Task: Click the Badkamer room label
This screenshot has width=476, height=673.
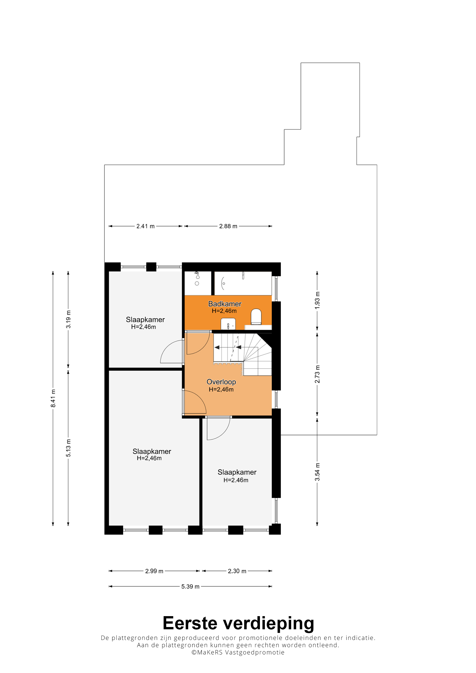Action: pyautogui.click(x=225, y=304)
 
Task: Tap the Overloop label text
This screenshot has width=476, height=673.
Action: pyautogui.click(x=221, y=382)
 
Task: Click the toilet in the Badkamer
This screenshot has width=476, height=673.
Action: pyautogui.click(x=256, y=317)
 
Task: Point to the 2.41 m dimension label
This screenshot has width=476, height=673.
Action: pyautogui.click(x=146, y=226)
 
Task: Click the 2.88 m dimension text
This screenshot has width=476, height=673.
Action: pyautogui.click(x=228, y=226)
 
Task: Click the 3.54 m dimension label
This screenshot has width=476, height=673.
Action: pyautogui.click(x=317, y=472)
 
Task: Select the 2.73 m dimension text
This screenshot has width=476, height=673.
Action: pyautogui.click(x=317, y=374)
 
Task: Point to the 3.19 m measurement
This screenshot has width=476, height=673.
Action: pyautogui.click(x=68, y=319)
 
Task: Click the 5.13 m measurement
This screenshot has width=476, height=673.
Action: pyautogui.click(x=68, y=448)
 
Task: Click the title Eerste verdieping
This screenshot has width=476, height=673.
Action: pyautogui.click(x=238, y=623)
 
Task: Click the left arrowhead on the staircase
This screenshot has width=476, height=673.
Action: pyautogui.click(x=217, y=347)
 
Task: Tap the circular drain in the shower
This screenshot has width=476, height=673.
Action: pyautogui.click(x=197, y=283)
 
